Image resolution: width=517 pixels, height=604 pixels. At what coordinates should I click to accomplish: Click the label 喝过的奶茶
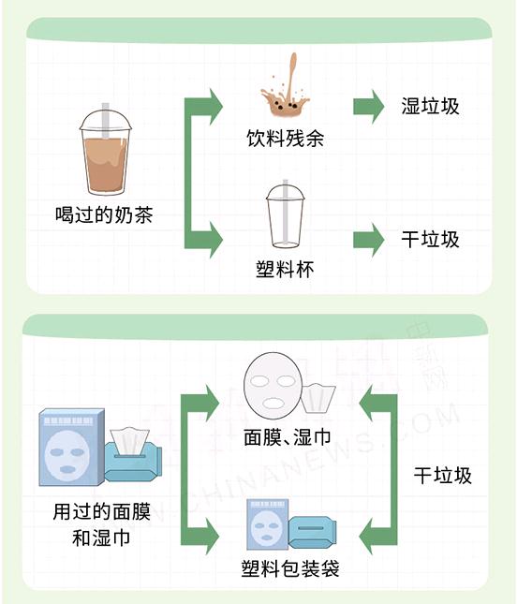click(104, 214)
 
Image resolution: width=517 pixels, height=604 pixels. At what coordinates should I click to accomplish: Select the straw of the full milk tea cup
click(106, 121)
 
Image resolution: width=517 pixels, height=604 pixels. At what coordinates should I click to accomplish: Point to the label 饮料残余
click(286, 139)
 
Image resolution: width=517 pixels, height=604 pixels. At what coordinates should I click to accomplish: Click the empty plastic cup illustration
click(285, 214)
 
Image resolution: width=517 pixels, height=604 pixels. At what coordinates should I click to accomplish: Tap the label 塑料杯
click(285, 270)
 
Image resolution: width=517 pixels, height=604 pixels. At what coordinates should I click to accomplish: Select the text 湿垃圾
click(430, 106)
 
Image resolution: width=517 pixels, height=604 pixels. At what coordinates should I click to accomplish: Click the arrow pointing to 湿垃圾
click(369, 107)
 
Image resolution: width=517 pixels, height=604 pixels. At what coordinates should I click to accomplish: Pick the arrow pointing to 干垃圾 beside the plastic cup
click(369, 240)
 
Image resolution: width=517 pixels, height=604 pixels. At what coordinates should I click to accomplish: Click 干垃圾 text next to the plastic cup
click(430, 239)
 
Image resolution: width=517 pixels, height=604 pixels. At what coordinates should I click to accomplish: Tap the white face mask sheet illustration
click(273, 383)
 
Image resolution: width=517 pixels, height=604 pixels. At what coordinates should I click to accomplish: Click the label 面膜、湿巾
click(288, 437)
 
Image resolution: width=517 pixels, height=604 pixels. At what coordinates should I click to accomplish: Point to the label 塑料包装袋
click(290, 568)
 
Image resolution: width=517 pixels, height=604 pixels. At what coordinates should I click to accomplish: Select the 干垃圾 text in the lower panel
click(443, 476)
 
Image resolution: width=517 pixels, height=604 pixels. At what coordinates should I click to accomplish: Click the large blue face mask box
click(72, 447)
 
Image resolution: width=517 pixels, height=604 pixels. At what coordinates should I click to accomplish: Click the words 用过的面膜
click(101, 512)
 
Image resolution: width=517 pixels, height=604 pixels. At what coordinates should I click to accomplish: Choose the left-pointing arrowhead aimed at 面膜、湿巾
click(371, 404)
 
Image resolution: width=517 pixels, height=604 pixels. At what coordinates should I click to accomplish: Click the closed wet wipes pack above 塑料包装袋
click(313, 533)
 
